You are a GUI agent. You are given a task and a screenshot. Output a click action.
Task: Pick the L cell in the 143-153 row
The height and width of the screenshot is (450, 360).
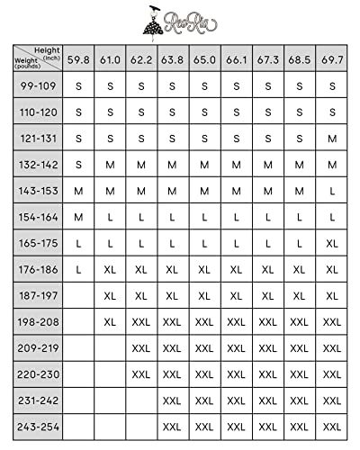(x=332, y=191)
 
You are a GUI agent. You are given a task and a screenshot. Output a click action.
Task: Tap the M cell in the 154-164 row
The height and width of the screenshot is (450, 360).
(x=78, y=217)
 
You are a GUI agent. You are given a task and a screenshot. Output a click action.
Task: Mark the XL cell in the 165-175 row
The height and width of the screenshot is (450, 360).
(x=332, y=243)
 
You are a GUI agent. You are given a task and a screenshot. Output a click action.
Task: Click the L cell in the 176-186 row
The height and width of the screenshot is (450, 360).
(x=78, y=269)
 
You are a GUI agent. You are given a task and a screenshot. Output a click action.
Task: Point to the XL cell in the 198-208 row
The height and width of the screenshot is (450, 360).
(x=110, y=321)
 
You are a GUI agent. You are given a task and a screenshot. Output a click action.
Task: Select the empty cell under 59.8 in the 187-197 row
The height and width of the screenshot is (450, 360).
(x=78, y=295)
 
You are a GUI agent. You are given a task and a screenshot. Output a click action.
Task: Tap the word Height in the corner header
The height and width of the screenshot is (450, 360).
(x=47, y=50)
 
